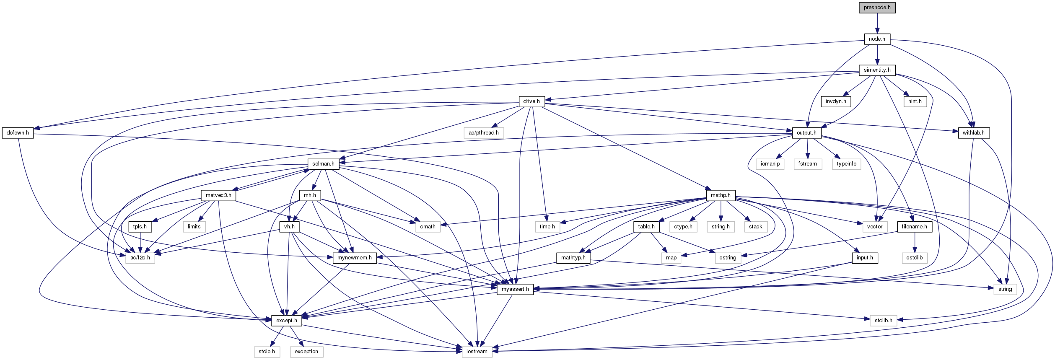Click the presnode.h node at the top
(x=877, y=8)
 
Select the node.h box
(x=877, y=39)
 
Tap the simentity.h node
(x=877, y=70)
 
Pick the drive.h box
(x=531, y=101)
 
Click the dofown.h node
(x=18, y=133)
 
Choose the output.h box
(x=806, y=133)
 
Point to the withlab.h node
(x=974, y=133)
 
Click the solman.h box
(x=323, y=164)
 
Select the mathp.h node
(x=721, y=195)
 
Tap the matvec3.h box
(x=218, y=195)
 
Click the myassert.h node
(x=515, y=289)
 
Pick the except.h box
(x=287, y=321)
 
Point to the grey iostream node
(x=477, y=352)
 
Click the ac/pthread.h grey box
(x=484, y=133)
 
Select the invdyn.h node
(x=836, y=101)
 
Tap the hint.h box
(x=915, y=101)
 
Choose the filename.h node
(x=915, y=227)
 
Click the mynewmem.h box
(x=355, y=258)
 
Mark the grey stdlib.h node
(x=883, y=321)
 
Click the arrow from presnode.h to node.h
(x=877, y=23)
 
